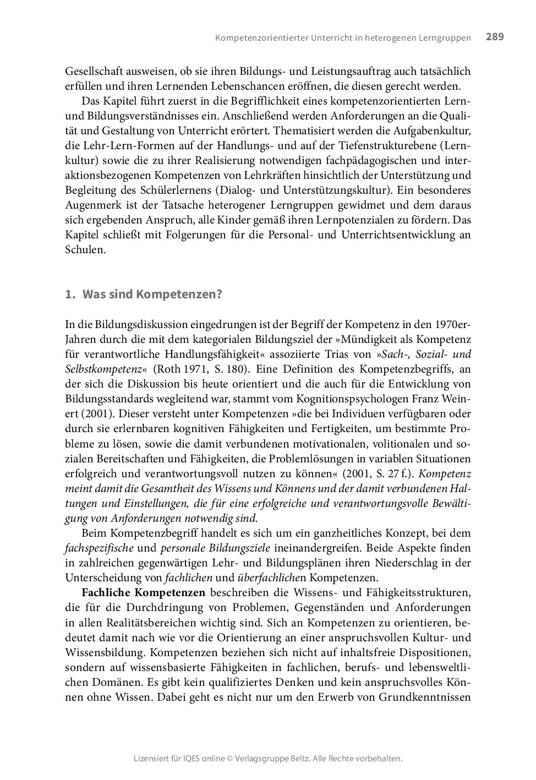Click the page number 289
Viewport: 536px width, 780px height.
point(494,37)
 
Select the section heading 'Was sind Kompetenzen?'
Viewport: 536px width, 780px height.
point(152,294)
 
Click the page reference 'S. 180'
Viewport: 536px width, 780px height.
point(225,369)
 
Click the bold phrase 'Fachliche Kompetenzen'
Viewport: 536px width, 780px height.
point(143,593)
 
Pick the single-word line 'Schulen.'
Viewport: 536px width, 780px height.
point(85,250)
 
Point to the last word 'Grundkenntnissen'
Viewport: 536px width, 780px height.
point(433,697)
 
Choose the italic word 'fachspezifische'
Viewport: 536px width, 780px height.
point(99,548)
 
